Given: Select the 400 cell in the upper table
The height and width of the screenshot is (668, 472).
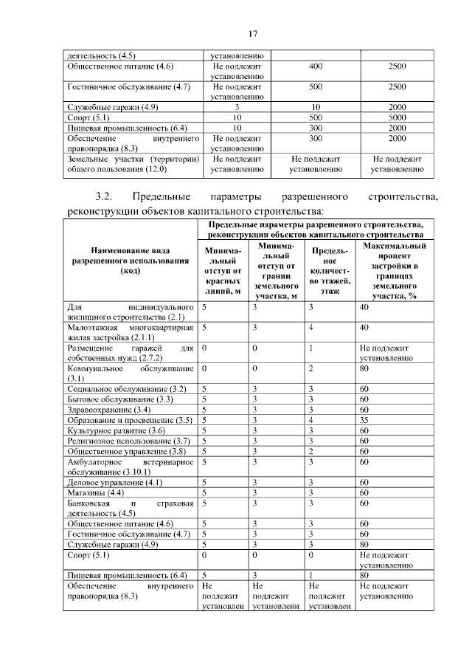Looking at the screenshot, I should pos(316,66).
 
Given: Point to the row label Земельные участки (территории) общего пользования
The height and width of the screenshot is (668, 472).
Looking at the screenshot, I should pos(130,164).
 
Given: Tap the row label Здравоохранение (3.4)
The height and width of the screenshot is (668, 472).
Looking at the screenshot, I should pos(109,410).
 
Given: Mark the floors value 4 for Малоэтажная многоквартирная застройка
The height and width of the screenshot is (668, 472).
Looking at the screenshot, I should pos(312,327).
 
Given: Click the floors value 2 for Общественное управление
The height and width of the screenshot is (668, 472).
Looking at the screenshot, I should pos(312,451).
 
